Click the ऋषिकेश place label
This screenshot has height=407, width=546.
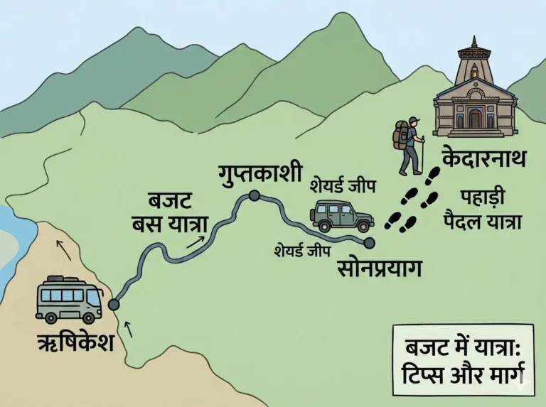(x=75, y=344)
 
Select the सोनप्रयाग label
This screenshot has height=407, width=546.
(x=380, y=268)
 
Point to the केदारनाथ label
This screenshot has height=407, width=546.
(x=483, y=158)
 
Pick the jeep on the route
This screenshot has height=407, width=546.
(x=341, y=215)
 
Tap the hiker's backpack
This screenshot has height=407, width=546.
(x=402, y=135)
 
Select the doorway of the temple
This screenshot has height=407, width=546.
(x=475, y=119)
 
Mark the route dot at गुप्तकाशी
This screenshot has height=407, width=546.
(x=254, y=195)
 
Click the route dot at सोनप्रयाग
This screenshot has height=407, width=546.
(x=369, y=244)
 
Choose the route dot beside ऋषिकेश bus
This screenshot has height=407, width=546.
(x=114, y=305)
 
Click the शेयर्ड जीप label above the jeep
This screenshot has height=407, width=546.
(x=343, y=186)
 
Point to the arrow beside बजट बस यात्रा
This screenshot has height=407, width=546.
(x=193, y=242)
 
